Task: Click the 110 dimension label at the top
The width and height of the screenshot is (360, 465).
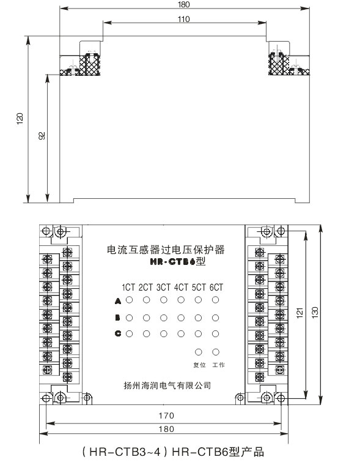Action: tap(183, 20)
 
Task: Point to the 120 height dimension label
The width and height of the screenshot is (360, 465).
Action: tap(20, 119)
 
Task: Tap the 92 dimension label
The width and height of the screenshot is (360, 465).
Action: tap(42, 136)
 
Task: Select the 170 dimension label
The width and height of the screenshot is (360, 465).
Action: tap(166, 415)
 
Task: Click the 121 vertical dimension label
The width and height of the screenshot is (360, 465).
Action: tap(300, 313)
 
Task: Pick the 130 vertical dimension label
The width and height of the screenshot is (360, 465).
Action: tap(315, 313)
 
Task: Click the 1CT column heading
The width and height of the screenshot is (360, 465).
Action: tap(128, 287)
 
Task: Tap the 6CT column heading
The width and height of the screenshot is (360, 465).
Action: tap(216, 287)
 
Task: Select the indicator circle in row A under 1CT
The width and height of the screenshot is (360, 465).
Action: tap(129, 300)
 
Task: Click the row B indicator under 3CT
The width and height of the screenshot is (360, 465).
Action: tap(164, 318)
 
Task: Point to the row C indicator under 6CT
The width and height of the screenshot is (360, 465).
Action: tap(216, 334)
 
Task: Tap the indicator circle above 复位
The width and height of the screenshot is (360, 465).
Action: tap(199, 352)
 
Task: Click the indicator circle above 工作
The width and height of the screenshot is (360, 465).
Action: tap(216, 352)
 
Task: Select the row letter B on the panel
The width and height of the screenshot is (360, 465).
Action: tap(117, 318)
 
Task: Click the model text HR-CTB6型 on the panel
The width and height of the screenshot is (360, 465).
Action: tap(178, 262)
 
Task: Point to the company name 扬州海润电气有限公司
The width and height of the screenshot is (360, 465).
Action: tap(167, 385)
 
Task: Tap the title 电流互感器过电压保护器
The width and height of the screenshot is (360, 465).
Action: tap(166, 250)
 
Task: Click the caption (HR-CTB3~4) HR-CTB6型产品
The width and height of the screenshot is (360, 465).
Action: tap(173, 452)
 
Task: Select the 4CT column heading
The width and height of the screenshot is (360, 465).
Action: tap(181, 287)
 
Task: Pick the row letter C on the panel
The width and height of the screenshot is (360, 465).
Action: tap(118, 333)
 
